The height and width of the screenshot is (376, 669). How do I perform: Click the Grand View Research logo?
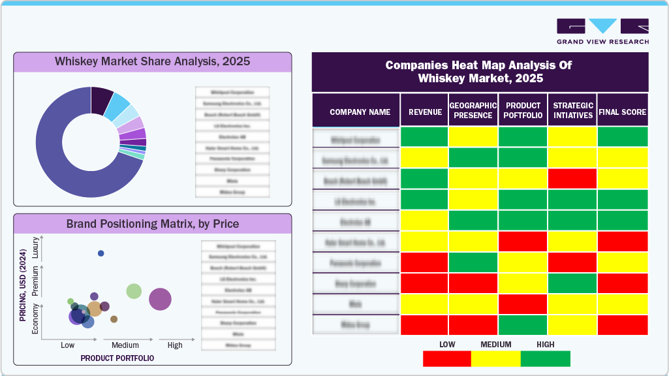coord(602,31)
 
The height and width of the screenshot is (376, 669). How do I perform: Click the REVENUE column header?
coord(425,112)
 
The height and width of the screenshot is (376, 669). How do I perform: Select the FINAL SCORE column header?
coord(623,112)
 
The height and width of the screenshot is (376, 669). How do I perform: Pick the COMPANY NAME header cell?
coord(360,112)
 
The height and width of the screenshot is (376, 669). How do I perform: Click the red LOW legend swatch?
coord(447,358)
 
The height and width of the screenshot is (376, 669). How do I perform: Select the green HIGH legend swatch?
coord(546,358)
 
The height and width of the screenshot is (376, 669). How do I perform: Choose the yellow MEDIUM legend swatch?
coord(496,358)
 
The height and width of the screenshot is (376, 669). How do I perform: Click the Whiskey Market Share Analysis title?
coord(152,63)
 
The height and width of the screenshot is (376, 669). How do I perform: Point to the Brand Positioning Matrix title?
coord(152,224)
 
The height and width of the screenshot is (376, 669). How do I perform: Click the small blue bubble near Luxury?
coord(101,253)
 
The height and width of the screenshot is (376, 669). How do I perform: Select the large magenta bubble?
coord(160,300)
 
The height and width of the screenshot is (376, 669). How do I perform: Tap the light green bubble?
coord(134,291)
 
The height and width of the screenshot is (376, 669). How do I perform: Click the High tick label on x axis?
coord(174,345)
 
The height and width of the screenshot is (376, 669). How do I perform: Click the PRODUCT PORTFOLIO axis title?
coord(117,358)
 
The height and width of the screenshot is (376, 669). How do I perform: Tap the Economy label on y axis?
coord(35,320)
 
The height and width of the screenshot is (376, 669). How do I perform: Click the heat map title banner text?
coord(480,72)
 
